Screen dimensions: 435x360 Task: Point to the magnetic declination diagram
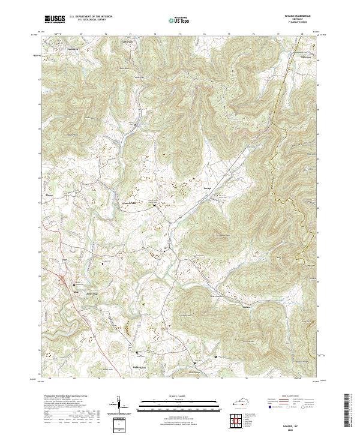(118, 405)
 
